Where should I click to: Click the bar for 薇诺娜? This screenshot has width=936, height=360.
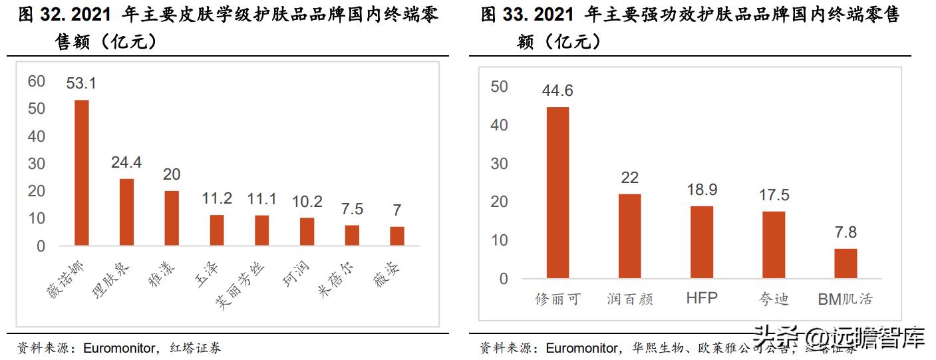pos(81,172)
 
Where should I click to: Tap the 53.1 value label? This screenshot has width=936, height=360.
pos(81,84)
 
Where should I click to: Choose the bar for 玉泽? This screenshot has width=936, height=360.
pos(217,230)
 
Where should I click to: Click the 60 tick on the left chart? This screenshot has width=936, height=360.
pos(36,81)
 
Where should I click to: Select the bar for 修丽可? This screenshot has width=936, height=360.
pos(557,192)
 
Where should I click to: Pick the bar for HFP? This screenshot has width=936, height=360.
pos(701,242)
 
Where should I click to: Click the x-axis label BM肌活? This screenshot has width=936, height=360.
pos(845,299)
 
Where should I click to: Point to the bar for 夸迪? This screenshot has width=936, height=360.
pos(774,244)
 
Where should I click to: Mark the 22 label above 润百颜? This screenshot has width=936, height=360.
pos(629,178)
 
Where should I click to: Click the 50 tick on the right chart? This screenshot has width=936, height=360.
pos(498,87)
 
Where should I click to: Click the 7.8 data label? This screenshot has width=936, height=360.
pos(846,232)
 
